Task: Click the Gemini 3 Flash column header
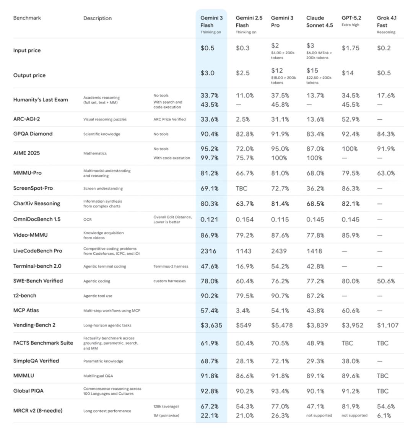click(211, 22)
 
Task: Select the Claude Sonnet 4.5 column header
click(319, 22)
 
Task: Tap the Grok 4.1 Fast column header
click(387, 22)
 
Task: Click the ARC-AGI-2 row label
click(26, 119)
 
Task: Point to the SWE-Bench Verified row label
click(38, 281)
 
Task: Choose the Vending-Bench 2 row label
click(34, 325)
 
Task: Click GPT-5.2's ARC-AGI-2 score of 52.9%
click(351, 119)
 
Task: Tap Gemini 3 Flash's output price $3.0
click(208, 73)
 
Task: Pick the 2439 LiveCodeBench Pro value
click(279, 251)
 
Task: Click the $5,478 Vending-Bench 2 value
click(282, 325)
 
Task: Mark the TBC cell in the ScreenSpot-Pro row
click(241, 189)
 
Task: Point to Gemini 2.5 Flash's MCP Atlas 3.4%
click(243, 311)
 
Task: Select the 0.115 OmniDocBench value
click(280, 220)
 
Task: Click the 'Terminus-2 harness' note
click(171, 266)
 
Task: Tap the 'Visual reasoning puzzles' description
click(105, 119)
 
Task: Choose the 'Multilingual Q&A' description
click(98, 376)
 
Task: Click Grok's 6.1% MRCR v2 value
click(384, 416)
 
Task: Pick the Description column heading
click(98, 18)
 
